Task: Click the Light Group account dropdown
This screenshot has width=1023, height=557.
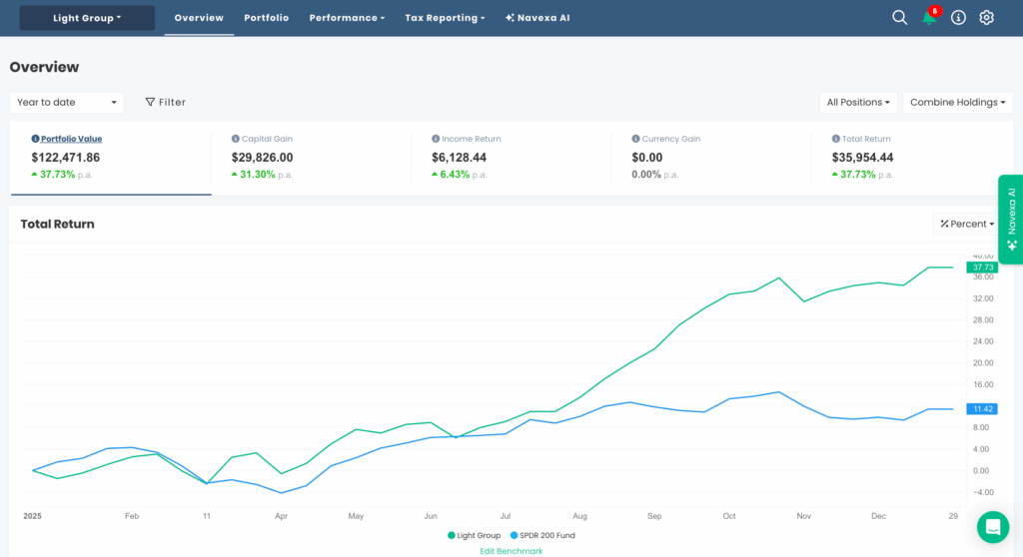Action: click(87, 18)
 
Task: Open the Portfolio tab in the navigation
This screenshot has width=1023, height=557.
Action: click(266, 18)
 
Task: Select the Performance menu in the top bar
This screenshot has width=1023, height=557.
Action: click(347, 18)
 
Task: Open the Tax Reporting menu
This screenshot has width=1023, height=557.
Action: click(445, 18)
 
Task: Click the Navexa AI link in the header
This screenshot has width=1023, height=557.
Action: click(537, 18)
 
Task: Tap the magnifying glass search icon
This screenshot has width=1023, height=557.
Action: click(899, 18)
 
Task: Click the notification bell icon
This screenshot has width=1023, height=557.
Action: click(929, 18)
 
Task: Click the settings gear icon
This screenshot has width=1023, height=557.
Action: click(986, 18)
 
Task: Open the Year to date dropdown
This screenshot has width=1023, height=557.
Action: click(67, 102)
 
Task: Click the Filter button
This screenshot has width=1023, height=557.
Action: click(166, 102)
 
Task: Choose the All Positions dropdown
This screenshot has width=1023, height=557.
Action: click(858, 102)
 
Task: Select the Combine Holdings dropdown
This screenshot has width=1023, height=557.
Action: click(957, 102)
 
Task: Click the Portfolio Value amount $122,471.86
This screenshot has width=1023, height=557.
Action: click(66, 158)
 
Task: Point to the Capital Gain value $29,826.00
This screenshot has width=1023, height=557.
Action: click(262, 158)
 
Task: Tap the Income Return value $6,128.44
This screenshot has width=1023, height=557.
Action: click(459, 158)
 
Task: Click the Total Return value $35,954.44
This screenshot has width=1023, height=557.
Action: click(862, 158)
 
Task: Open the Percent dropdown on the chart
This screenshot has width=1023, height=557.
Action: click(967, 224)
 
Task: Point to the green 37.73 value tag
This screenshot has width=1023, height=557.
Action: click(980, 268)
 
